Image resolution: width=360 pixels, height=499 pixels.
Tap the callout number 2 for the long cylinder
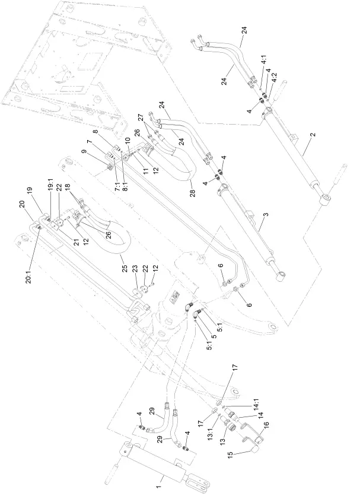(311, 135)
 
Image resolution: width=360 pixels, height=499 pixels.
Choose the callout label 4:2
(273, 76)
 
